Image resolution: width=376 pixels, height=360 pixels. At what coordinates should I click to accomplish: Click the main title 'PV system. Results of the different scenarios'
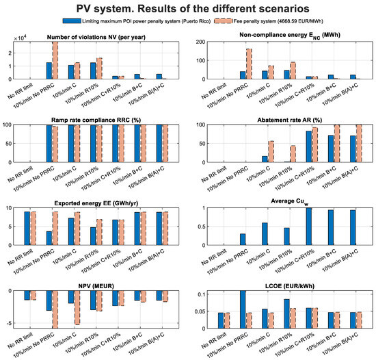pos(193,9)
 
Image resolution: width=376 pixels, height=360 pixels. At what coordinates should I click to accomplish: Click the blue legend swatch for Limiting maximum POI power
pos(72,21)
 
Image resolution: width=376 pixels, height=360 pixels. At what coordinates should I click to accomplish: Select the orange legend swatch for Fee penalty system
pos(224,21)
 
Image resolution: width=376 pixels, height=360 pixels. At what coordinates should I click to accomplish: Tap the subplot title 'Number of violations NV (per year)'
pos(96,37)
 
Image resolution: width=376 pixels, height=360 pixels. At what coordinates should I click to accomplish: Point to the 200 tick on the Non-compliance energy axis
pos(200,42)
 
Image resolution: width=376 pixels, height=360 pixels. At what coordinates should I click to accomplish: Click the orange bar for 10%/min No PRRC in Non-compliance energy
pos(249,64)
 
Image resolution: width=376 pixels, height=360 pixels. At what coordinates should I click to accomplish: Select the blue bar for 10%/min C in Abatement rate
pos(265,159)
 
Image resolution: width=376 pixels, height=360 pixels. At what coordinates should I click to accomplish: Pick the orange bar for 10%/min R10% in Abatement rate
pos(293,154)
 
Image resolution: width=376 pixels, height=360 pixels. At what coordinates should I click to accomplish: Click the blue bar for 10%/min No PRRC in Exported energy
pos(49,238)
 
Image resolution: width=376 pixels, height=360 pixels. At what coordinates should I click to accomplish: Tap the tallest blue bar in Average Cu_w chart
pos(309,227)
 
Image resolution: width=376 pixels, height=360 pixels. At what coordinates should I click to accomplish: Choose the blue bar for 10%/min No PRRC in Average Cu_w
pos(243,240)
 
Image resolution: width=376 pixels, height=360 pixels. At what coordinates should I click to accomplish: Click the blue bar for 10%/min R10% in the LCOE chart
pos(287,313)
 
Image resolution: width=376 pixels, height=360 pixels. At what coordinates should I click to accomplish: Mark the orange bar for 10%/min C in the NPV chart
pos(77,308)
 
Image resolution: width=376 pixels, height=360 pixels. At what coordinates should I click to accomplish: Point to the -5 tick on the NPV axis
pos(10,323)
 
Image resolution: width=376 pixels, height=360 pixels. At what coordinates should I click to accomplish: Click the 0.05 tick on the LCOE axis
pos(200,311)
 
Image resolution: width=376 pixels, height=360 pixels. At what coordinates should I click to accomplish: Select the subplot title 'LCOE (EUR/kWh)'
pos(290,286)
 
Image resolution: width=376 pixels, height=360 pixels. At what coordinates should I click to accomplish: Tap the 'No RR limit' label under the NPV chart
pos(20,342)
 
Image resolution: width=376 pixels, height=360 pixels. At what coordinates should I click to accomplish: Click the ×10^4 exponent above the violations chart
pos(20,38)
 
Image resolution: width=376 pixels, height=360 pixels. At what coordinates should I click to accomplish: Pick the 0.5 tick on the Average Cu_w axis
pos(201,227)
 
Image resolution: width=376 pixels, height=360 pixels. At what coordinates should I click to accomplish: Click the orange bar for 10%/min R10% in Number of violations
pos(99,68)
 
